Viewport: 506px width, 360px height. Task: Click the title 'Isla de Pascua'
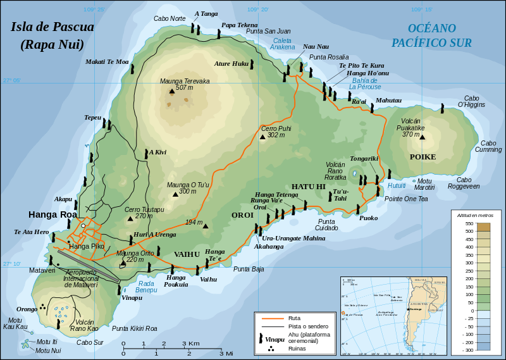(x=52, y=27)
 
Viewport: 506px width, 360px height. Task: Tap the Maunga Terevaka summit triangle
(x=171, y=92)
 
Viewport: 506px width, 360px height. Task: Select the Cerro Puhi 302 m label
(x=276, y=132)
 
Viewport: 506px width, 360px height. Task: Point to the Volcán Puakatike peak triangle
(x=423, y=137)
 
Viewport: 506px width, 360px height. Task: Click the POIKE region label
(x=423, y=156)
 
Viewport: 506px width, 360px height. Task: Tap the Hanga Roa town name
(x=52, y=214)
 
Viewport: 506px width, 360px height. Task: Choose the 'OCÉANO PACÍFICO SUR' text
(x=431, y=35)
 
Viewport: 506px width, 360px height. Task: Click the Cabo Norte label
(x=170, y=18)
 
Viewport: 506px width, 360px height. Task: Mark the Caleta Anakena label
(x=283, y=43)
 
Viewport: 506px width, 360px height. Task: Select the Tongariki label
(x=364, y=159)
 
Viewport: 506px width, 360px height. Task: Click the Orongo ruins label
(x=27, y=309)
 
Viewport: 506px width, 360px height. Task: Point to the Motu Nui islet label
(x=48, y=350)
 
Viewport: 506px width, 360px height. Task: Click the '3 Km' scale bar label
(x=191, y=344)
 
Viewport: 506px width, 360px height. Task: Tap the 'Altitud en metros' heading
(x=476, y=215)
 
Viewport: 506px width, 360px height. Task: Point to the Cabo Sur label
(x=90, y=342)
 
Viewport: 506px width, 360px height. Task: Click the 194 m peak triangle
(x=206, y=226)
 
